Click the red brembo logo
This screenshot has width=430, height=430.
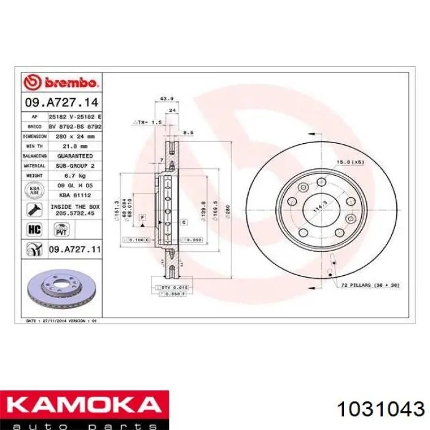coord(60,82)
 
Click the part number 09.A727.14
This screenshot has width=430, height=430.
coord(61,101)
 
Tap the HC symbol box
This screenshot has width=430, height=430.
coord(33,230)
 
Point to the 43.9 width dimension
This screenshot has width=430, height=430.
coord(165,98)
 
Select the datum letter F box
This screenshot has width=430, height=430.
coord(142,217)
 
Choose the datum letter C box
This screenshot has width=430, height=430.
coord(183,222)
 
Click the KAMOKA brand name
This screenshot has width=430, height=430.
coord(83,405)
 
